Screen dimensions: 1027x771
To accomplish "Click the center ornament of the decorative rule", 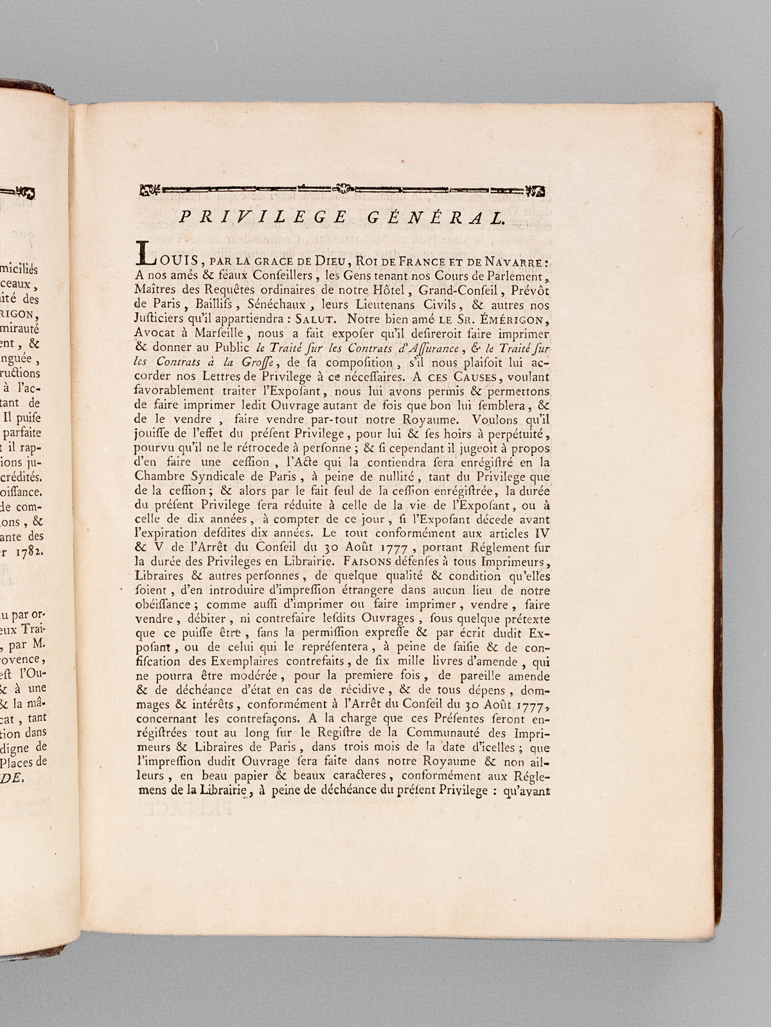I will tap(344, 189).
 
